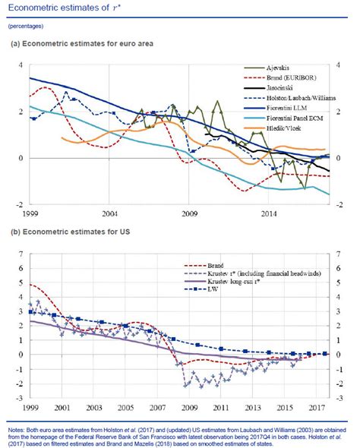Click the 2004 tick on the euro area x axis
(109, 213)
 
